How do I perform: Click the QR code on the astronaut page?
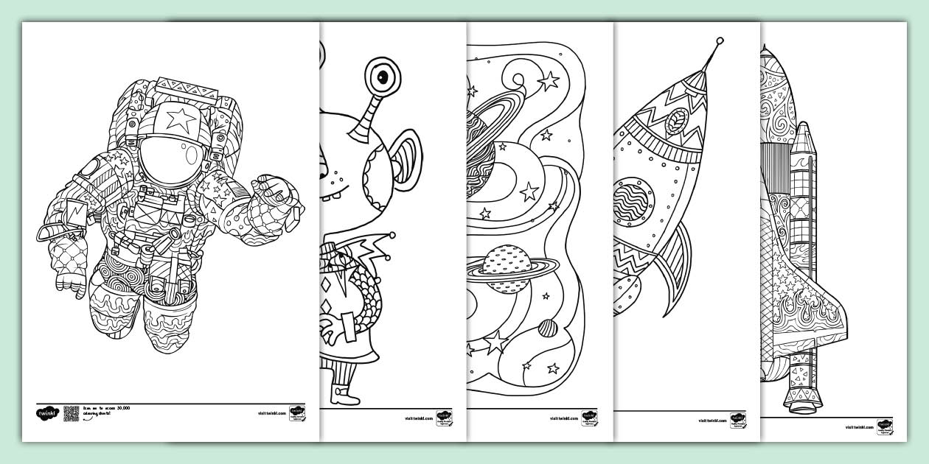[72, 414]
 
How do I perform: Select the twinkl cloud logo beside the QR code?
[47, 415]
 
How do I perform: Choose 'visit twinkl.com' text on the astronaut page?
[271, 415]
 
